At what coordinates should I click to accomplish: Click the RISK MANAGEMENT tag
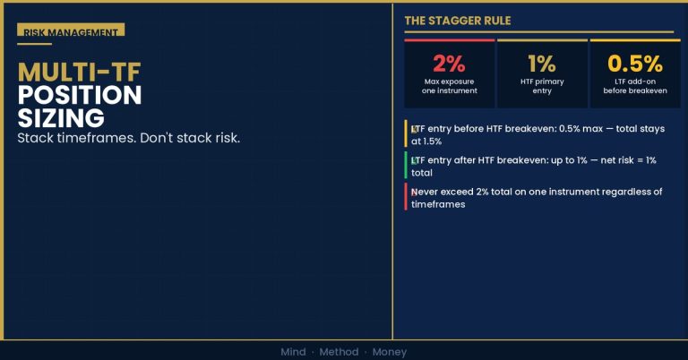point(71,30)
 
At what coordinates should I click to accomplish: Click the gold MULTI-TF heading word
point(80,73)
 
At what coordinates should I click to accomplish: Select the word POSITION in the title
point(80,95)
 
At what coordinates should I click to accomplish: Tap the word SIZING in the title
point(61,118)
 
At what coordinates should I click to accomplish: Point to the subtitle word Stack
point(37,138)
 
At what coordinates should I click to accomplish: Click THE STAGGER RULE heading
point(458,21)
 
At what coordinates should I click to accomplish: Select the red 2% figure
point(450,64)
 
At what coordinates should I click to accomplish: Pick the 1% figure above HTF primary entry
point(542,64)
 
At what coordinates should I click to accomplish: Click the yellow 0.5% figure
point(635,64)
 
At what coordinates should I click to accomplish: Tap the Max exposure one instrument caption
point(450,86)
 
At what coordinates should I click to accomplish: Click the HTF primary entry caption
point(542,86)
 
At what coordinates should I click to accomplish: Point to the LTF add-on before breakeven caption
point(635,86)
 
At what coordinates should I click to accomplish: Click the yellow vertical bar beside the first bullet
point(406,133)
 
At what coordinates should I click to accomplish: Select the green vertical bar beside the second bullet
point(406,165)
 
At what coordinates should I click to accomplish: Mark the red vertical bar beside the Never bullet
point(406,196)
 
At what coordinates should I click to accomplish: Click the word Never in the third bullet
point(425,192)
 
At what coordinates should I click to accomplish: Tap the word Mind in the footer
point(293,352)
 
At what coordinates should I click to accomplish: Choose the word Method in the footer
point(339,352)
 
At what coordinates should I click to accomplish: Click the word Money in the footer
point(390,352)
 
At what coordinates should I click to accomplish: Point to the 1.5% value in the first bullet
point(432,141)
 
